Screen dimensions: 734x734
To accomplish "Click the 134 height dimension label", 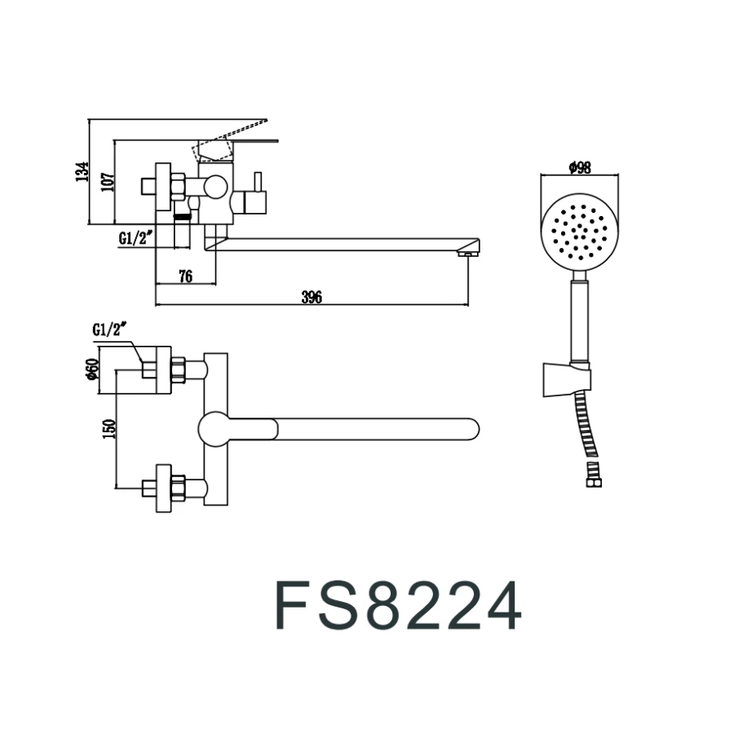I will coord(82,172).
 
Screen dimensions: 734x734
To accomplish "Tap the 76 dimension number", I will coord(185,276).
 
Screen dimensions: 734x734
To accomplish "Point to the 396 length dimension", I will coord(312,298).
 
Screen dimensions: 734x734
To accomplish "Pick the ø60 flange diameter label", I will coord(92,370).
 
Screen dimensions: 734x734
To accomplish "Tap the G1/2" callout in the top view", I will coord(112,329).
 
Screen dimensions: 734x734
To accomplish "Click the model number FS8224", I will coord(397,606).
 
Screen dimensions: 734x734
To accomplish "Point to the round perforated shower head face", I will coord(578,229).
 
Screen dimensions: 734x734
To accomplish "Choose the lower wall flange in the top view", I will coord(163,488).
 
